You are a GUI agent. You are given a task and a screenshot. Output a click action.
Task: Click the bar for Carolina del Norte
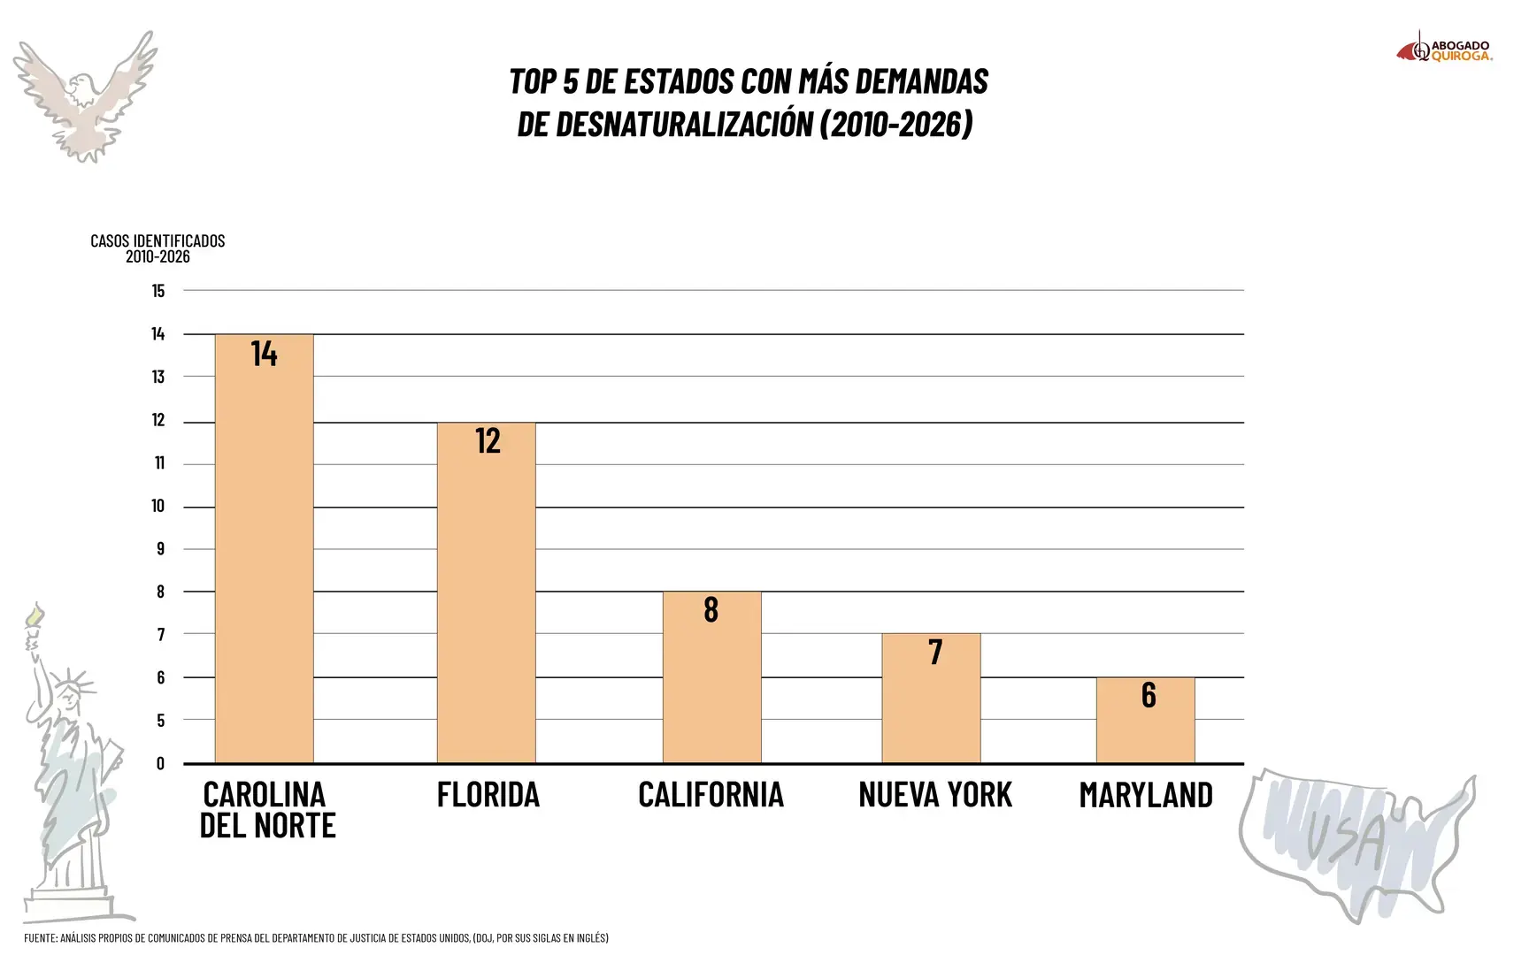[265, 548]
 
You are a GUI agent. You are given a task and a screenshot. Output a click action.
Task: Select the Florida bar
[487, 592]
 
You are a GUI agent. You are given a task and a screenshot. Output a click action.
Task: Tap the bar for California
[712, 677]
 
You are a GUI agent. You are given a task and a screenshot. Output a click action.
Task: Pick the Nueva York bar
[931, 699]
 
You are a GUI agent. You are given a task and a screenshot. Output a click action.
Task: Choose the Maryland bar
[1146, 721]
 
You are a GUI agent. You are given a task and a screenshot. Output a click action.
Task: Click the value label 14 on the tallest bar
[264, 354]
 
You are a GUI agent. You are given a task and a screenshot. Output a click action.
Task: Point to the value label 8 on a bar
[711, 609]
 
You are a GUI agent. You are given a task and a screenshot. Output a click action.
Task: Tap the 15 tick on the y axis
[158, 291]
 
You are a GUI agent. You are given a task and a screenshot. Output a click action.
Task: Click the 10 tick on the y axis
[158, 506]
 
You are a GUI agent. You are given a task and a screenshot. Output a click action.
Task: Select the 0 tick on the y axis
[160, 763]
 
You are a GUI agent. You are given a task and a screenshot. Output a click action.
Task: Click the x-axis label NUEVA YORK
[935, 795]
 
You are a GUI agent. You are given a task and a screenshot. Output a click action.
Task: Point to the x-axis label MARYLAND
[1146, 795]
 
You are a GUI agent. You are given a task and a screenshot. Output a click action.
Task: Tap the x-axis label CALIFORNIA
[711, 795]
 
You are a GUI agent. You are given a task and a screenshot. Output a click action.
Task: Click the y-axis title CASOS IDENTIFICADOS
[158, 241]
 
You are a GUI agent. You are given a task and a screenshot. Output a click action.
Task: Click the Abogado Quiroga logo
[1444, 49]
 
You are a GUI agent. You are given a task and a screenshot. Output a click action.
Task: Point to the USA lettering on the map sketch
[1345, 837]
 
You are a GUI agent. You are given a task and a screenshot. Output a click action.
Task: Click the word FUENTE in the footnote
[40, 937]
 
